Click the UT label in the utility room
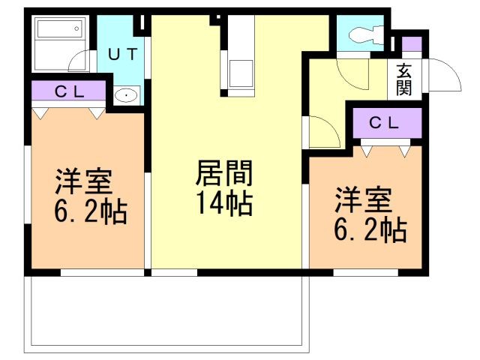(122, 54)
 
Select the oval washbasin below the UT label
(126, 95)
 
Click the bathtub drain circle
(76, 28)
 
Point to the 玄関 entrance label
(404, 80)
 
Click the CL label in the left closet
(70, 91)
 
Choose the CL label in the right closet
(384, 123)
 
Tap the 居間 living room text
(224, 172)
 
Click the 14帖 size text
(225, 202)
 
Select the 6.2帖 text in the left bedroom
(91, 211)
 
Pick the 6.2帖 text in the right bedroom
(370, 229)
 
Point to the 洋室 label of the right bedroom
(363, 199)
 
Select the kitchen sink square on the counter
(241, 73)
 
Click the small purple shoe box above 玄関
(412, 44)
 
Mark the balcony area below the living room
(166, 314)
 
